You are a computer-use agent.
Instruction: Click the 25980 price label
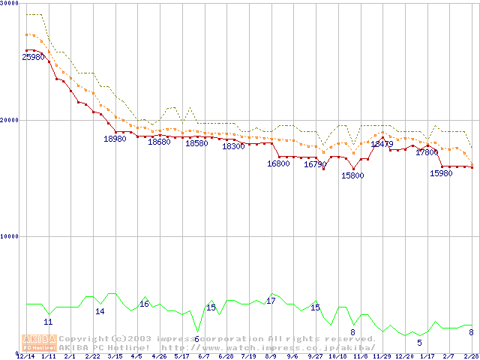tap(33, 57)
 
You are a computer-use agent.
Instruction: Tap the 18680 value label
tap(159, 142)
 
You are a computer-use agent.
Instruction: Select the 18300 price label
tap(233, 146)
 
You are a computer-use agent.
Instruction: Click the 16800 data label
tap(278, 163)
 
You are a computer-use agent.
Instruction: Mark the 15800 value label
tap(352, 175)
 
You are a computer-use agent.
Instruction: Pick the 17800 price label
tap(427, 152)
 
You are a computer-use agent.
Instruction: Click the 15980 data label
tap(441, 173)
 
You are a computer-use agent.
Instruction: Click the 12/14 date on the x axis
tap(25, 355)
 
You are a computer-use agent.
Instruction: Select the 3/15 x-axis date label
tap(115, 355)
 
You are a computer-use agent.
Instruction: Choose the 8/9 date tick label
tap(271, 355)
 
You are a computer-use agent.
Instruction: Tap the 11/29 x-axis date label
tap(382, 355)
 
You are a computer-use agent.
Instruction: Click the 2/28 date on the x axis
tap(471, 355)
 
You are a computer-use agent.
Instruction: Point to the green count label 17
tap(271, 301)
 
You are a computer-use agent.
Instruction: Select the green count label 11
tap(48, 322)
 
